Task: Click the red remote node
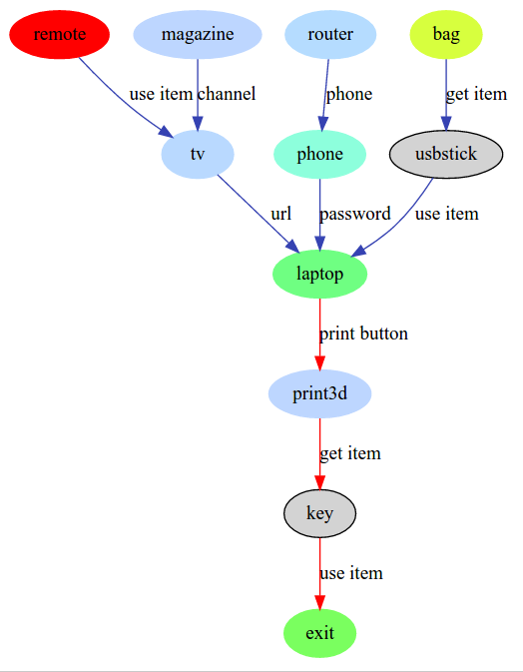coord(60,34)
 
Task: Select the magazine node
coord(198,34)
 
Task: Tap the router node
coord(330,34)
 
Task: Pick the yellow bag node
coord(446,34)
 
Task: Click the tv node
coord(198,154)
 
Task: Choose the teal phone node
coord(320,154)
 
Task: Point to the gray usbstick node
coord(446,154)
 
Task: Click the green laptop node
coord(320,274)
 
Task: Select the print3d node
coord(320,393)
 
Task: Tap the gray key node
coord(320,513)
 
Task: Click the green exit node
coord(320,633)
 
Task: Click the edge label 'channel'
coord(227,94)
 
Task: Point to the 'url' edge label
coord(281,214)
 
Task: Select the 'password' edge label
coord(355,214)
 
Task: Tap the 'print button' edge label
coord(363,334)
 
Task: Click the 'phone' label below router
coord(349,94)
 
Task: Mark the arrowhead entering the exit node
coord(320,602)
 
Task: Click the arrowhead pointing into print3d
coord(320,362)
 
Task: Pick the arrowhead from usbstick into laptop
coord(358,252)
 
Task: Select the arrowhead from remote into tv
coord(167,132)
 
